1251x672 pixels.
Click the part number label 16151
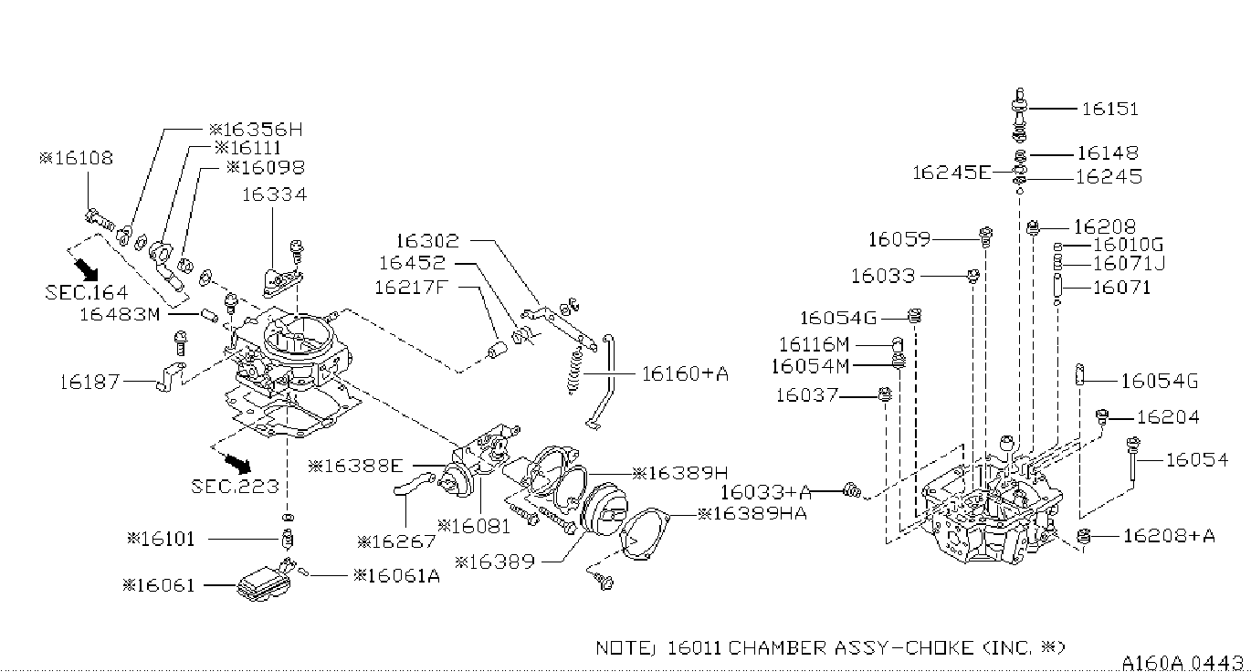(1109, 109)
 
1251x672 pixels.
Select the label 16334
(274, 194)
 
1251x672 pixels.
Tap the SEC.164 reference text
(87, 292)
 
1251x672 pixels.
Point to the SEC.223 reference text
(235, 486)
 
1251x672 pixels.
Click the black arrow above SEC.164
(86, 269)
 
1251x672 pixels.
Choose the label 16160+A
(685, 373)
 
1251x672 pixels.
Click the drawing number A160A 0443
(1183, 662)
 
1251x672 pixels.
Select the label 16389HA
(752, 513)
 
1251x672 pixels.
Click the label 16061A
(397, 575)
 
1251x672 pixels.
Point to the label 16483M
(120, 314)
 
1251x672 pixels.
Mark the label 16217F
(412, 287)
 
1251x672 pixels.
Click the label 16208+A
(1169, 536)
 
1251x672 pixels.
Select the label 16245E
(951, 173)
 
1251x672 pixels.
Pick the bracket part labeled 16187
(171, 376)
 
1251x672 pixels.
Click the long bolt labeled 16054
(1133, 460)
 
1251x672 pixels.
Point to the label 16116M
(814, 344)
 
